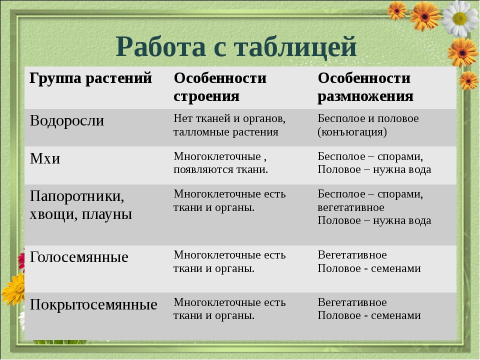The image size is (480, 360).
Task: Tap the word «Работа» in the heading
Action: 160,46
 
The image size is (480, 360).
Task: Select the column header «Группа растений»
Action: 90,78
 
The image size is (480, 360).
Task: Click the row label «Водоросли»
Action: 66,120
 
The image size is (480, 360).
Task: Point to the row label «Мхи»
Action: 45,158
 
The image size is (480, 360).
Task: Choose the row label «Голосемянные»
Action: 79,257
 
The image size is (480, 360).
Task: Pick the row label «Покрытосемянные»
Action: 93,304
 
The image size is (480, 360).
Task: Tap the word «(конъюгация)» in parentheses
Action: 352,132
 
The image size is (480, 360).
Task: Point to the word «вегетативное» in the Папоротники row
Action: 351,207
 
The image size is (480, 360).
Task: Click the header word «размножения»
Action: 365,96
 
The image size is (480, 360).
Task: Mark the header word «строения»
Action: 206,96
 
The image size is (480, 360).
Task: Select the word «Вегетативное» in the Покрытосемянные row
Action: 352,302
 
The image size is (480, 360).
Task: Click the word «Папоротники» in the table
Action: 77,196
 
